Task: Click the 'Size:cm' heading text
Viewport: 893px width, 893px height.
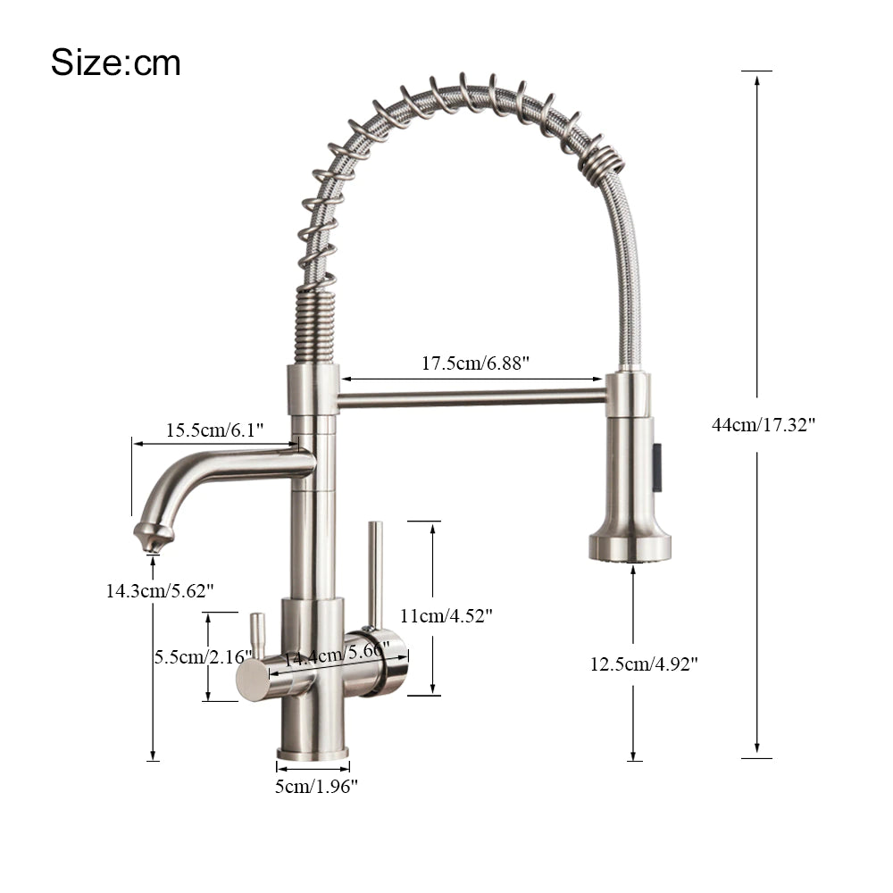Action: click(x=115, y=63)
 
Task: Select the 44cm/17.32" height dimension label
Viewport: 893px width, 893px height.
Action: click(x=763, y=425)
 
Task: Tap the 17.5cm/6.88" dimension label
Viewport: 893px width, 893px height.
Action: click(x=475, y=363)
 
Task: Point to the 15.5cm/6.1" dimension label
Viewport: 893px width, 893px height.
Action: click(x=214, y=430)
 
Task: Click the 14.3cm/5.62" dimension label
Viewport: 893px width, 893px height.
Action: click(x=159, y=590)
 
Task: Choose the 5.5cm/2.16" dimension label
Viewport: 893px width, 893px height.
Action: click(x=203, y=656)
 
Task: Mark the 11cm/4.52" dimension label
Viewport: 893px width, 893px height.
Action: click(x=446, y=615)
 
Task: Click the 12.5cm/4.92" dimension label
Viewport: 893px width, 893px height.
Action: click(x=643, y=663)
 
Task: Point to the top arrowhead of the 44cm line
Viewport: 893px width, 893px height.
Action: click(x=756, y=79)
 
